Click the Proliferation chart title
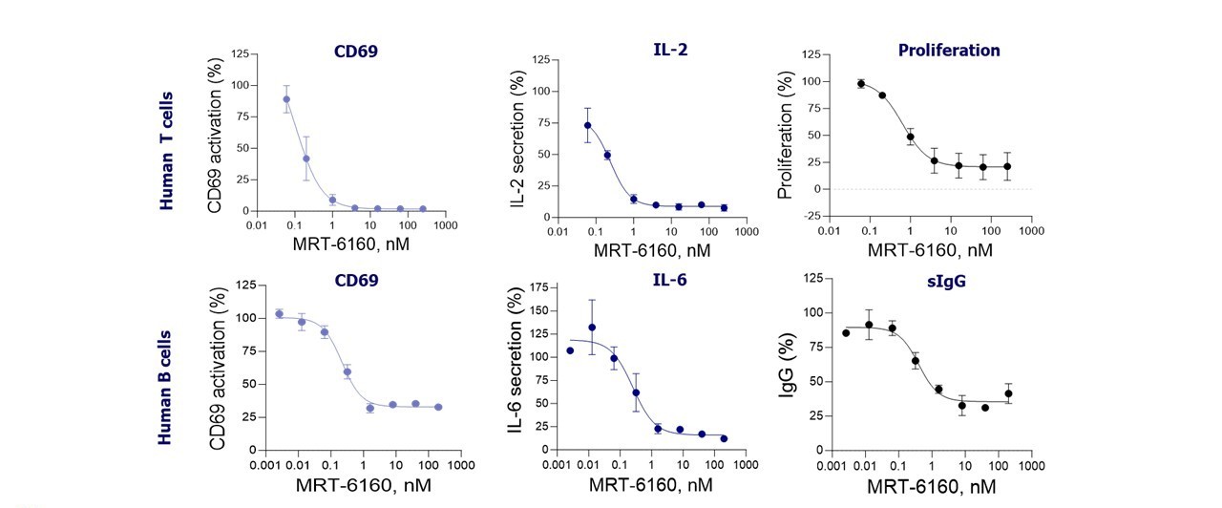949,51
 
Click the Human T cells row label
167,151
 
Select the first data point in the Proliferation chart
861,84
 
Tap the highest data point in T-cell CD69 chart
286,99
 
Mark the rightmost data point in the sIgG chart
1008,393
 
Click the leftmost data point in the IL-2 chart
588,125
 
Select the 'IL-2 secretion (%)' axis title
516,140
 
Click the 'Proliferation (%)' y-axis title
786,135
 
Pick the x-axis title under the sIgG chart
931,485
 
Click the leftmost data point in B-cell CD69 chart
280,314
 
